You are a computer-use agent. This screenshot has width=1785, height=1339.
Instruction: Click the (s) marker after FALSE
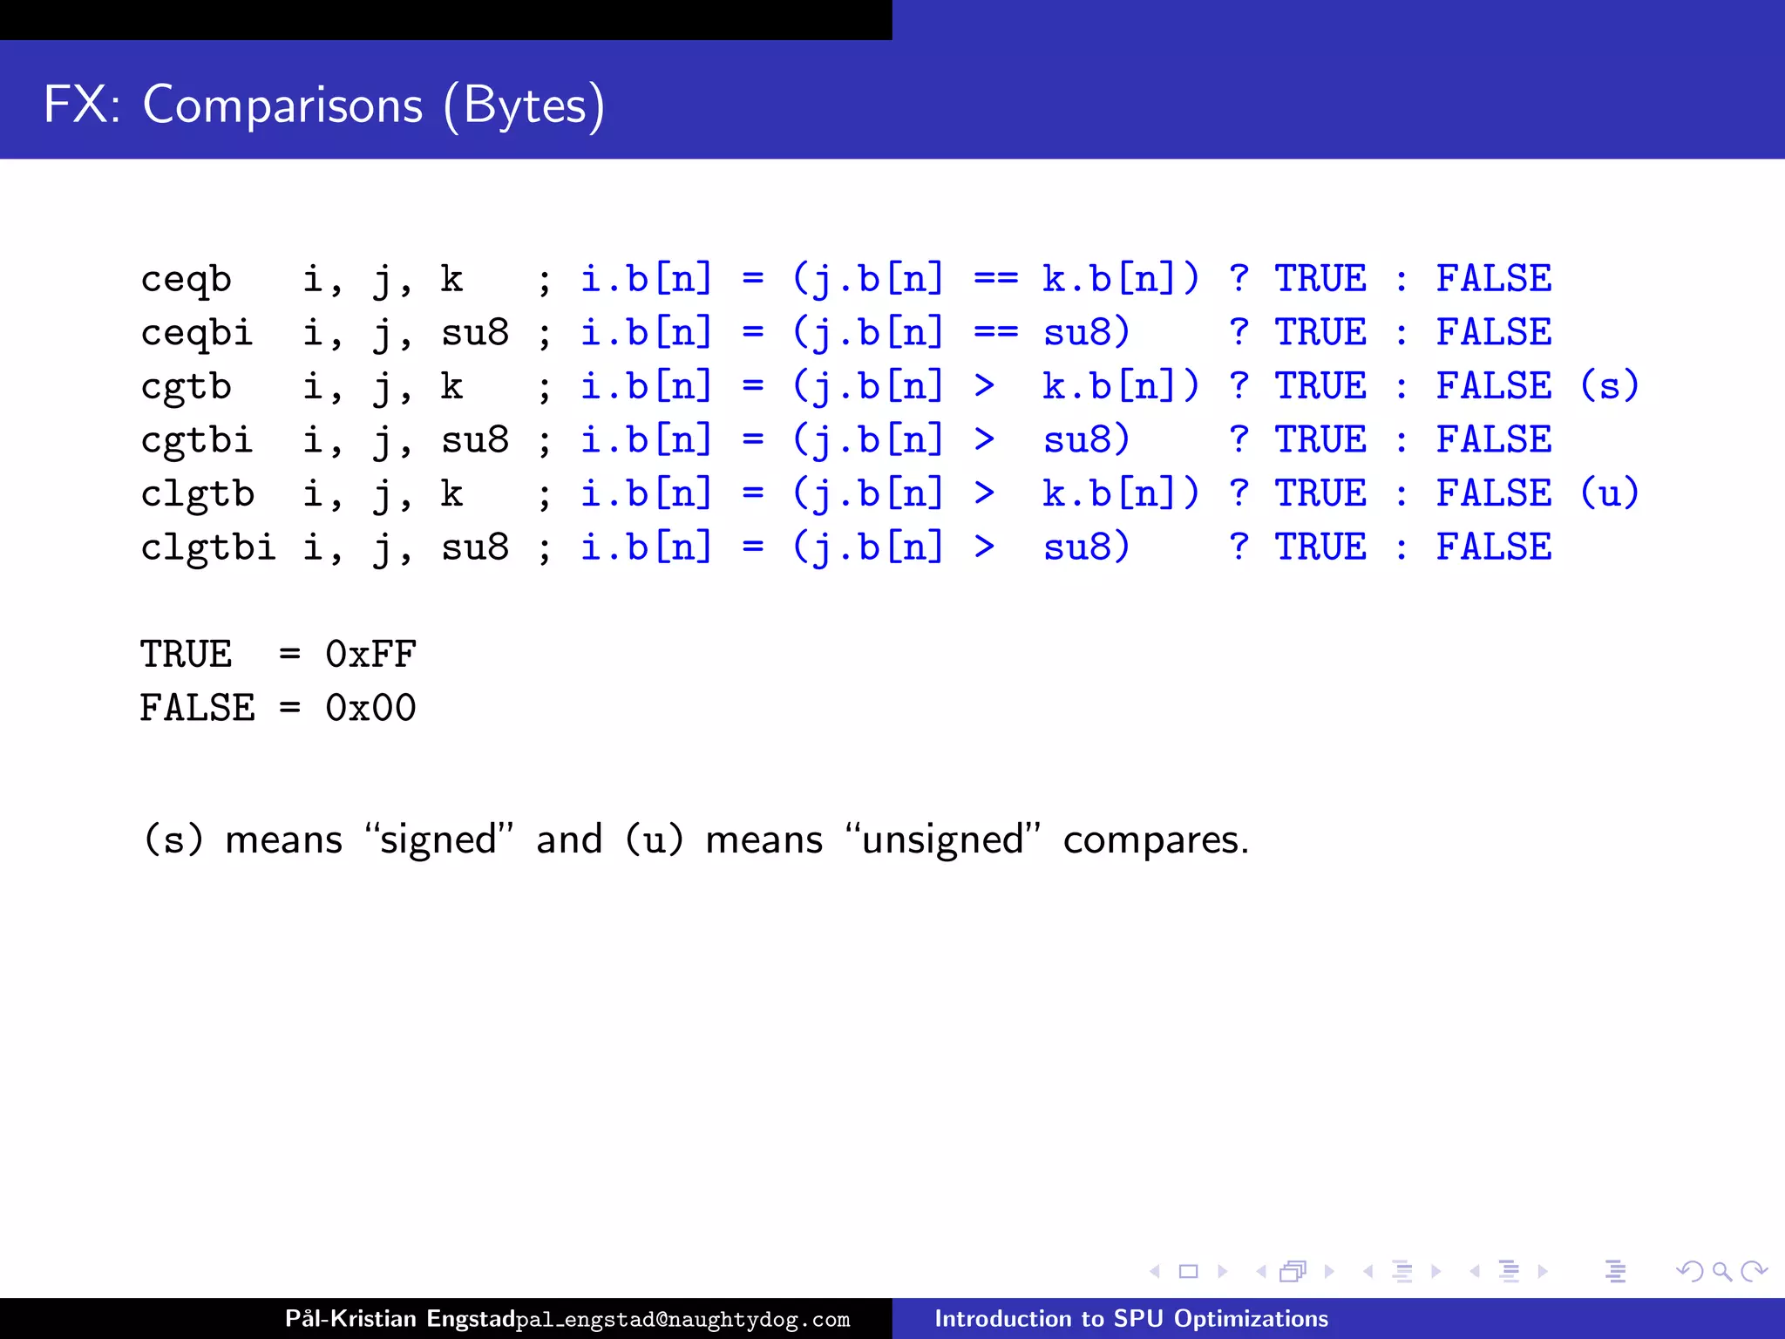(1609, 386)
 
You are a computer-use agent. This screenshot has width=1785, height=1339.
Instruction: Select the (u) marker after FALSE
(1609, 493)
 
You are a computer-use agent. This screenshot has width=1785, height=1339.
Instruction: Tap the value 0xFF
(370, 655)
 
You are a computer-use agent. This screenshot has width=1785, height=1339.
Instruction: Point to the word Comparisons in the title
(282, 105)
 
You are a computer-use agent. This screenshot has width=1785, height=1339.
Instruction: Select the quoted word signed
(438, 840)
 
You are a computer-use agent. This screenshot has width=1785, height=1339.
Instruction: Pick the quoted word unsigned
(942, 840)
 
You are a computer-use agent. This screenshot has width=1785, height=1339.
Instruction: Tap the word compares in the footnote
(1155, 840)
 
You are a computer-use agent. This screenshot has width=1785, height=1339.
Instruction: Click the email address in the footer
(682, 1320)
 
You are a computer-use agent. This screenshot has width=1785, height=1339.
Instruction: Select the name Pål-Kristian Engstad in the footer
(400, 1319)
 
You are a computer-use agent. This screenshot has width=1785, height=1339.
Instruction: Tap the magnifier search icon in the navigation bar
(1721, 1272)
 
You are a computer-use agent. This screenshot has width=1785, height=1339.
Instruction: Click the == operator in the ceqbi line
(995, 333)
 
